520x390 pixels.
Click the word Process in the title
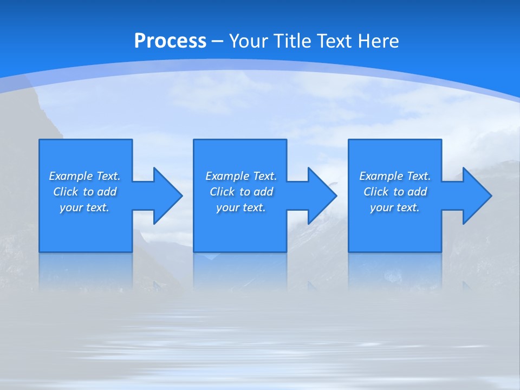(x=170, y=41)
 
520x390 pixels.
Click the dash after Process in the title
(x=218, y=41)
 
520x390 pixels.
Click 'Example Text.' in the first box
(x=84, y=176)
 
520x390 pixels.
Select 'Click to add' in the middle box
(x=241, y=192)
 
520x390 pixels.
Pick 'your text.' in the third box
(x=394, y=207)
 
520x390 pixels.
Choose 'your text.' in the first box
(x=84, y=207)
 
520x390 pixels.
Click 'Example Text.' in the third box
(x=395, y=176)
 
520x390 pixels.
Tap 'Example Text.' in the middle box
(x=241, y=176)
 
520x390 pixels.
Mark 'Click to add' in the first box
(x=84, y=192)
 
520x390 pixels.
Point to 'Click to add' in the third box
(x=395, y=192)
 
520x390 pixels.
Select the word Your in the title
(x=249, y=41)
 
